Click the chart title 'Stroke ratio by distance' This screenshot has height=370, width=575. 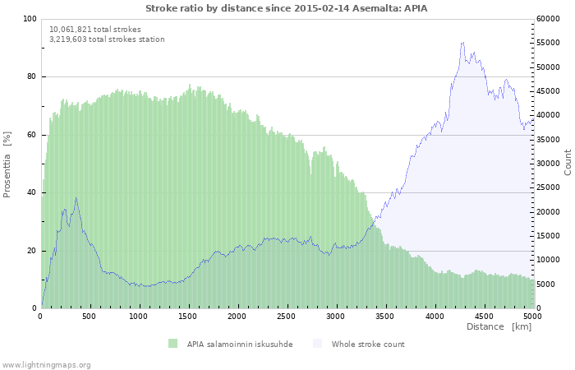[286, 8]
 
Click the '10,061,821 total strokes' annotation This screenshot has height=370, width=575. [95, 30]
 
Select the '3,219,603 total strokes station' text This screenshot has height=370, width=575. [107, 39]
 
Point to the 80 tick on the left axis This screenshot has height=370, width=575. [31, 77]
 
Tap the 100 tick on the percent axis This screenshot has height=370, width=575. [30, 19]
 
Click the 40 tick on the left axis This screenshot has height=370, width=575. [31, 193]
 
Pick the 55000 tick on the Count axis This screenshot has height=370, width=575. [550, 43]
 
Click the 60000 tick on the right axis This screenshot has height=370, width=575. [550, 19]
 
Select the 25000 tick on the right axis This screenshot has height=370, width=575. [550, 187]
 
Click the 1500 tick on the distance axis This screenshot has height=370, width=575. [188, 316]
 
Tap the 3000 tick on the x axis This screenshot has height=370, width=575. [335, 316]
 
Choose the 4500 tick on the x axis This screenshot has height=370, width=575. [483, 316]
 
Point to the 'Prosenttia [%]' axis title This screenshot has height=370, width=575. [8, 164]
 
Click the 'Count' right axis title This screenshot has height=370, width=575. [568, 162]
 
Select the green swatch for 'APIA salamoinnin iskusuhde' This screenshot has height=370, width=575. [172, 344]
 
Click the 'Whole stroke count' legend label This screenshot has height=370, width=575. [368, 344]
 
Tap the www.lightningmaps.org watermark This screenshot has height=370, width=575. [46, 364]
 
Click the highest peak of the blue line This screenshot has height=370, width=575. [463, 43]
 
